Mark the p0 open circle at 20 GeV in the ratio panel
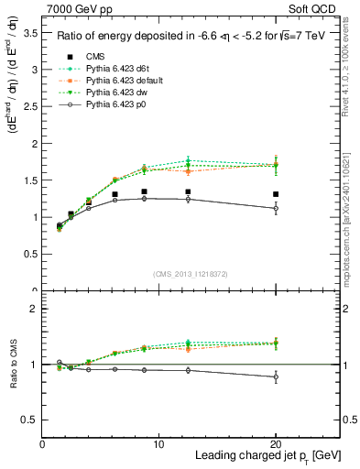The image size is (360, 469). click(x=276, y=376)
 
